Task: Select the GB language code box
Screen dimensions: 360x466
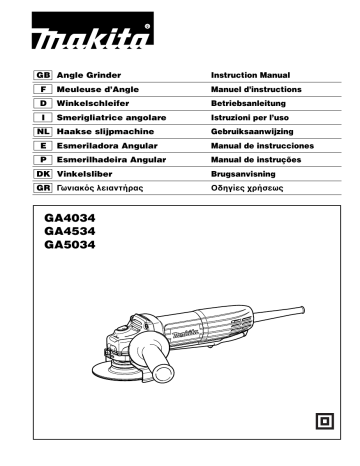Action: click(x=43, y=75)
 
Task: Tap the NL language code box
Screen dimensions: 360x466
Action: click(x=43, y=131)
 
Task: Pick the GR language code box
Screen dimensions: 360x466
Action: click(x=43, y=187)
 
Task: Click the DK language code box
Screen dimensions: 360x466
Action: click(x=43, y=173)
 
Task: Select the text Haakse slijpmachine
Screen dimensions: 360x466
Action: click(x=108, y=131)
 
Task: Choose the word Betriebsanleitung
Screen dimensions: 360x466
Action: click(x=250, y=103)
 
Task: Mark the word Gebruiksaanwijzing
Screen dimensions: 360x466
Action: click(x=255, y=131)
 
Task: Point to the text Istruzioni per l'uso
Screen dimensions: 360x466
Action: click(x=252, y=117)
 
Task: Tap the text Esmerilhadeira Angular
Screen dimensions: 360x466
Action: click(x=113, y=159)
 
